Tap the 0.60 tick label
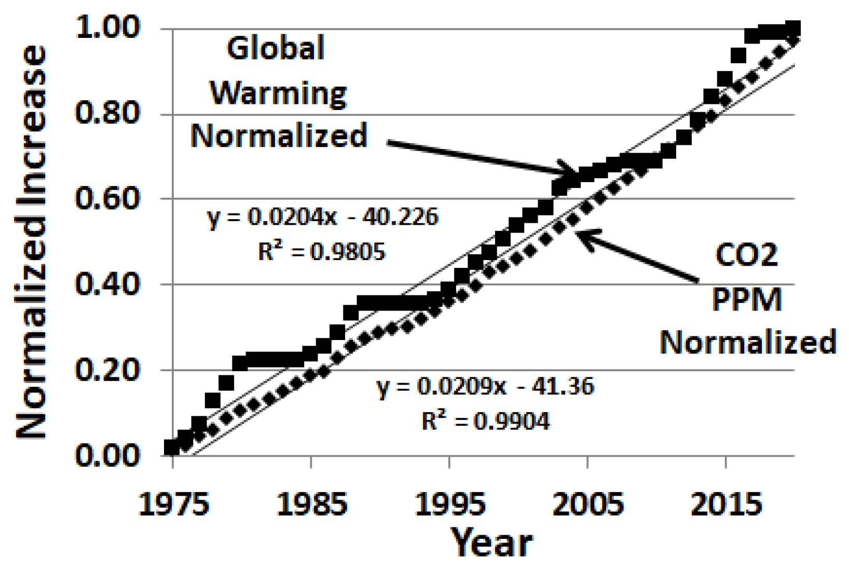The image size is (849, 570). (108, 198)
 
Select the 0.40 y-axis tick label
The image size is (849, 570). (108, 284)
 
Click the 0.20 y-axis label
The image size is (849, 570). (108, 370)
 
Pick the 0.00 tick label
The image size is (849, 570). (108, 455)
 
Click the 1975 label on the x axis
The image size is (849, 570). (173, 504)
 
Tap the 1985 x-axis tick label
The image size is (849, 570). (311, 504)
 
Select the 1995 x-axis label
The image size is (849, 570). (450, 504)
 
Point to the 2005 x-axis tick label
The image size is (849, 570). (587, 504)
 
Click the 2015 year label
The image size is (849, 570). (726, 504)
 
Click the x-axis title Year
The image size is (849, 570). (491, 543)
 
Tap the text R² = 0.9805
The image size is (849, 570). (322, 252)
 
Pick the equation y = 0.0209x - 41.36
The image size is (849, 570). (485, 387)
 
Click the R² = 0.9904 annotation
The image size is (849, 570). (485, 421)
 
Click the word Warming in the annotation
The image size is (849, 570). (278, 93)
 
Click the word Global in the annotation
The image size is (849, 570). (276, 48)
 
